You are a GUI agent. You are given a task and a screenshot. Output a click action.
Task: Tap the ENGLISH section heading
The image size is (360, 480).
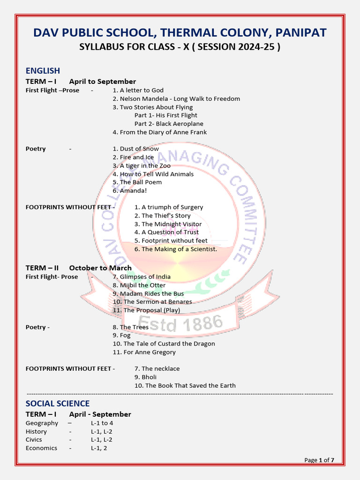[43, 71]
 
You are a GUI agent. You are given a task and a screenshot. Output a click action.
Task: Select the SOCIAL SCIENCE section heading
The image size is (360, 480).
[57, 404]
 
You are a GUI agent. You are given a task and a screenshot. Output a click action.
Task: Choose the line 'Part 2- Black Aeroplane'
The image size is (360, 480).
[169, 124]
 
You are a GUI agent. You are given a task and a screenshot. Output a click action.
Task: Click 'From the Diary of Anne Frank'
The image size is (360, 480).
[159, 132]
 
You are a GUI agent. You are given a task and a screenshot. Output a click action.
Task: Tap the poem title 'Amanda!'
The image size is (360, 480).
[129, 191]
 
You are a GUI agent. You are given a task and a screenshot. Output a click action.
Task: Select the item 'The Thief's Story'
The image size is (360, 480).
[162, 216]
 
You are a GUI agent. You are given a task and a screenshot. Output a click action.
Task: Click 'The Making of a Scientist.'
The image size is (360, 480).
[176, 249]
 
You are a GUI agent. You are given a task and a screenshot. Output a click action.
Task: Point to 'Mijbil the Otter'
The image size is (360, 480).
[139, 285]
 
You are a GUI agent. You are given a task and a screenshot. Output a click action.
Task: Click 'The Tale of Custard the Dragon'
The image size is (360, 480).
[164, 344]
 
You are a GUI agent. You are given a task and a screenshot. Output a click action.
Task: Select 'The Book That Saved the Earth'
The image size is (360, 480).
[185, 385]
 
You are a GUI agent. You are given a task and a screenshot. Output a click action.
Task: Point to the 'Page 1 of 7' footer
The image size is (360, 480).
[319, 460]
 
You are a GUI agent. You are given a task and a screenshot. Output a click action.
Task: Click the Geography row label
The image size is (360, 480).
[42, 423]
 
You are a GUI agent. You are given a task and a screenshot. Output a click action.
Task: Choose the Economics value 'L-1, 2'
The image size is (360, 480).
[99, 448]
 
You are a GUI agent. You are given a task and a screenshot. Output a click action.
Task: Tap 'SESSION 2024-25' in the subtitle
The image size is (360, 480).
[242, 47]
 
